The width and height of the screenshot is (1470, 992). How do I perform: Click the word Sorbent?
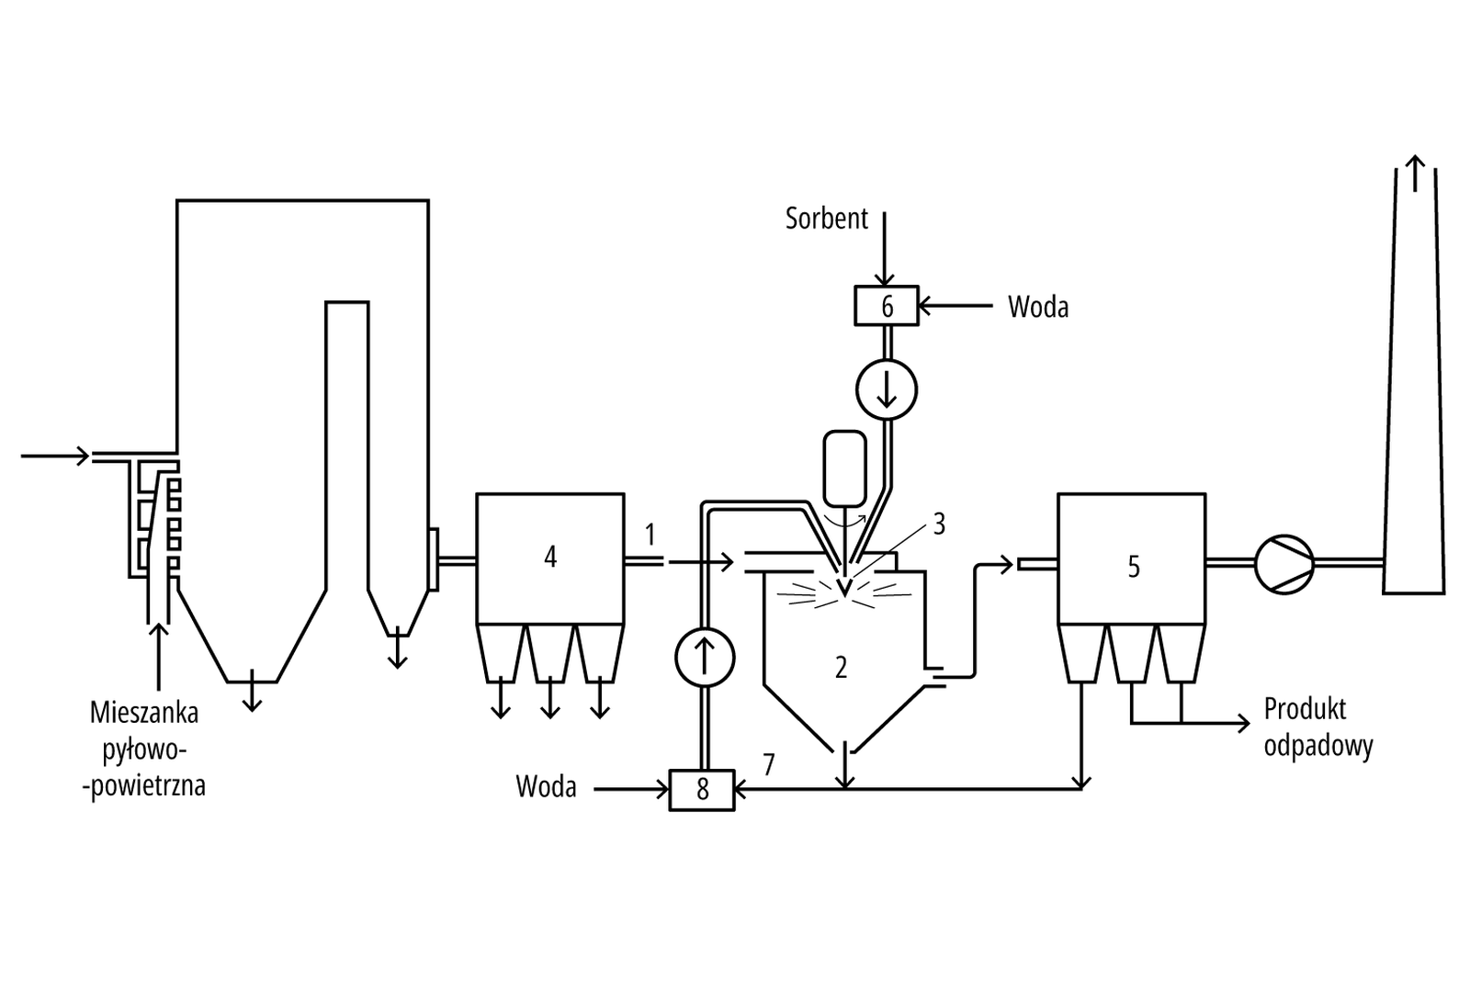pos(826,219)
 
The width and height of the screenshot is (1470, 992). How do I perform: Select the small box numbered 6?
pos(887,306)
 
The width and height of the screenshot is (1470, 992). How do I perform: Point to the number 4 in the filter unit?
pos(550,557)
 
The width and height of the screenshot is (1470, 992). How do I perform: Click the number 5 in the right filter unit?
pos(1134,567)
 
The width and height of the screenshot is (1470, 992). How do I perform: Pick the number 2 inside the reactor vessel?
pos(841,668)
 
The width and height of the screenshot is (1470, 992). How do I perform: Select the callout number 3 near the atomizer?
pos(939,524)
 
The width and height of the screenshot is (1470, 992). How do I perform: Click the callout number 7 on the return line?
pos(768,763)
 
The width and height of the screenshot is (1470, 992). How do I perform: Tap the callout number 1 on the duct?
pos(650,534)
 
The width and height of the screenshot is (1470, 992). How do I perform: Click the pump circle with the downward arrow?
pos(887,389)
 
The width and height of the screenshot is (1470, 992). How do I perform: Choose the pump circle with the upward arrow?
pos(705,657)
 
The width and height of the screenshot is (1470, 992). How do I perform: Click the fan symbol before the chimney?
pos(1284,564)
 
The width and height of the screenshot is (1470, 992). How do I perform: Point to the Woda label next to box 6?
pos(1038,307)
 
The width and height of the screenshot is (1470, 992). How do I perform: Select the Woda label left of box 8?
pos(546,787)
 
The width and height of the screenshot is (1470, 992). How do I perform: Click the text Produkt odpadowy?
pos(1317,727)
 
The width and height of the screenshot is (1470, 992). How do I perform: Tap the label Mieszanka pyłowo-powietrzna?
pos(145,749)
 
